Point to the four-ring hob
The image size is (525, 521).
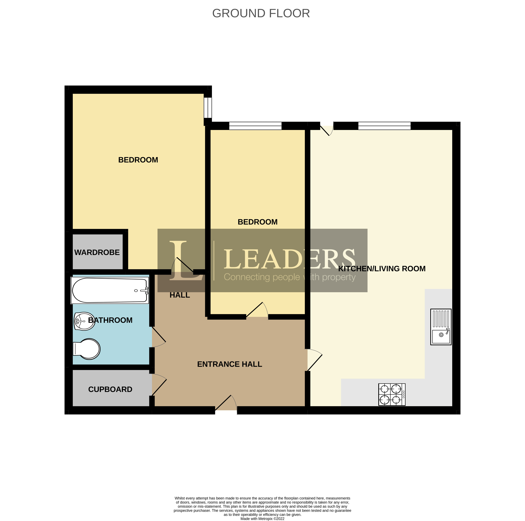coord(392,395)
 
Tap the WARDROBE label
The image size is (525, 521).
coord(97,252)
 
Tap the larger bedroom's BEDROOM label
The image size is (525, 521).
coord(138,160)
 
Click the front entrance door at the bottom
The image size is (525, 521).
coord(226,404)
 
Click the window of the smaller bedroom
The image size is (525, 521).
coord(255,126)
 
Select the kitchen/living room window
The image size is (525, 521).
coord(384,126)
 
